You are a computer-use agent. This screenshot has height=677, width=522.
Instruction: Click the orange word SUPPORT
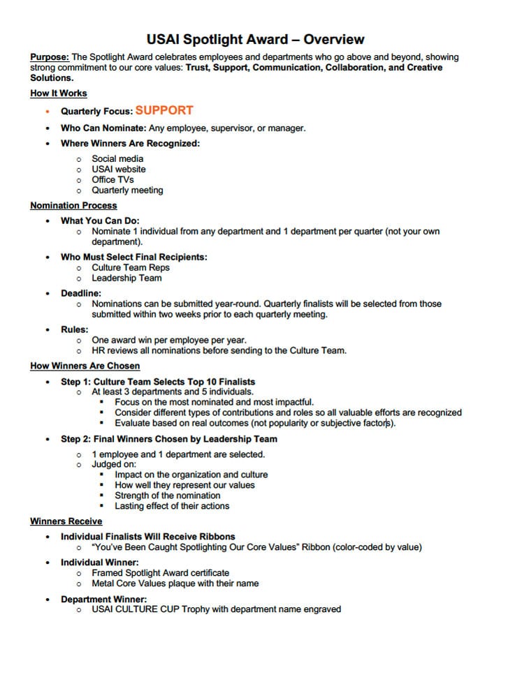[x=164, y=110]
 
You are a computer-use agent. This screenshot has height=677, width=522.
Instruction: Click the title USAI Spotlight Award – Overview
[x=256, y=40]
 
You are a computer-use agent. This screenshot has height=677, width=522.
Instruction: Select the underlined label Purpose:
[x=50, y=57]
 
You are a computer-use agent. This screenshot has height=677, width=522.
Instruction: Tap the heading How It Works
[x=59, y=94]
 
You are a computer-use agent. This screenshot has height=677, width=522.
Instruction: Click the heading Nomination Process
[x=73, y=206]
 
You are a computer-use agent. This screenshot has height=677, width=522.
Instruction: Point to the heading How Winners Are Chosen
[x=85, y=366]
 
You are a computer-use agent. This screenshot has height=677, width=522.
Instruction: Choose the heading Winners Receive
[x=66, y=521]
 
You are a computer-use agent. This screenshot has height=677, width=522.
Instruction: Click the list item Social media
[x=117, y=158]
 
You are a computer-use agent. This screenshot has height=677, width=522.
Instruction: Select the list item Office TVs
[x=113, y=179]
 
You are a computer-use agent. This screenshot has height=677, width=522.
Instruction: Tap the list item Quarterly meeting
[x=127, y=190]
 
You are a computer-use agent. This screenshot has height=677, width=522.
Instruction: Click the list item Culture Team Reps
[x=131, y=267]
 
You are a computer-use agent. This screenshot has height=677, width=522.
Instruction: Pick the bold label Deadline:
[x=81, y=294]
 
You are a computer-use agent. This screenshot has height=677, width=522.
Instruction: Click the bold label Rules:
[x=75, y=329]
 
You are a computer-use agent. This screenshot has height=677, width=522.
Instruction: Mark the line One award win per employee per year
[x=169, y=340]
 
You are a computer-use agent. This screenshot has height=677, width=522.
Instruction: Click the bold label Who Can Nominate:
[x=103, y=128]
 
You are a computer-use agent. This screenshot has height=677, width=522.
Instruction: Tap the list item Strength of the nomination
[x=168, y=496]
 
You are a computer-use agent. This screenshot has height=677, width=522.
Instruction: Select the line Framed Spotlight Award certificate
[x=161, y=573]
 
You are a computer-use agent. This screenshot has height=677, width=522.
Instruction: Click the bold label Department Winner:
[x=103, y=600]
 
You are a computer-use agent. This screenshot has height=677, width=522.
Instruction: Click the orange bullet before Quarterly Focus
[x=47, y=111]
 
